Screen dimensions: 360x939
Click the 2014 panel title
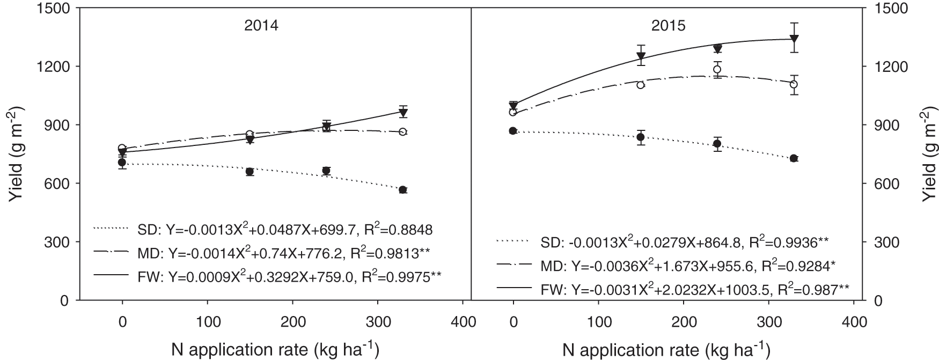pos(261,26)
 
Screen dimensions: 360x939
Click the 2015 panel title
pos(668,26)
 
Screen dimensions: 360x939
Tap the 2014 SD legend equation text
pos(284,230)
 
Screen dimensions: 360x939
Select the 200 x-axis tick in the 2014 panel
pos(292,322)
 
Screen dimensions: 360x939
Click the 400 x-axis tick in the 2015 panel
pos(854,322)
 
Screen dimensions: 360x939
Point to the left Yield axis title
pos(16,155)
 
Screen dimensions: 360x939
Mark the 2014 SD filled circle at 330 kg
pos(403,190)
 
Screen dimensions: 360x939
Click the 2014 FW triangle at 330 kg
pos(403,112)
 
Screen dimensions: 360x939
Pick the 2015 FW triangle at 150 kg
pos(641,56)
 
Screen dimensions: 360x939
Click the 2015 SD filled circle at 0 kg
pos(513,131)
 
